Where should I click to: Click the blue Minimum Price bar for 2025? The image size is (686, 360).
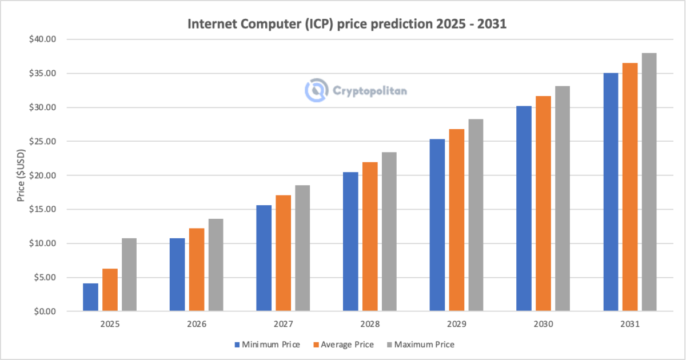point(90,297)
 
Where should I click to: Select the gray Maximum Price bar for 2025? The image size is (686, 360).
point(129,275)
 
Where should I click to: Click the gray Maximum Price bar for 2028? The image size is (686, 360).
point(389,231)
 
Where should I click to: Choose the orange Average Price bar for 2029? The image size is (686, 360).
point(456,220)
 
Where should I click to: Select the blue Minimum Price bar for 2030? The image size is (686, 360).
point(524,209)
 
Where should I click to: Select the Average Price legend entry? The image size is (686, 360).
point(344,345)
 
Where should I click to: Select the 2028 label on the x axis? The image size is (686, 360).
point(370,324)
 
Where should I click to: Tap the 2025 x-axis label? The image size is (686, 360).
point(110,324)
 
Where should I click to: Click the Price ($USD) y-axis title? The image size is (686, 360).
point(21,175)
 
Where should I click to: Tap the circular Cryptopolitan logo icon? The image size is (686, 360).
point(315,90)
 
